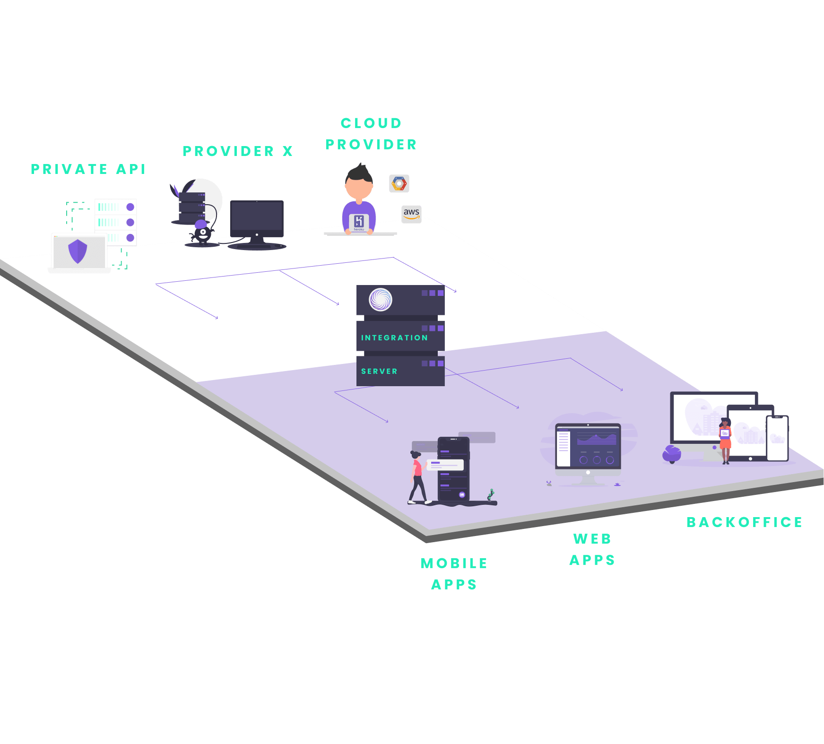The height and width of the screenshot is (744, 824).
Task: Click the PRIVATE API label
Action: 88,169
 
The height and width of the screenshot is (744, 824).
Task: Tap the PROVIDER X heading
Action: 238,151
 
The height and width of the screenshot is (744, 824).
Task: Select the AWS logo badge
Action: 411,214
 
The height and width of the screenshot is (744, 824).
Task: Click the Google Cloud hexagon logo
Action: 399,183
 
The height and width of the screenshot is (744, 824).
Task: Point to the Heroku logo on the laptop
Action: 359,222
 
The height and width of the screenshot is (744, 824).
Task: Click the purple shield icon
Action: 78,251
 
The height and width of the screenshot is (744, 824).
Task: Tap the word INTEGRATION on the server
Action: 394,337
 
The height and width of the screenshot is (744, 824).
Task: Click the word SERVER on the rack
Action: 379,372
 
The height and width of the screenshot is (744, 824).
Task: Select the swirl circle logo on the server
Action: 381,300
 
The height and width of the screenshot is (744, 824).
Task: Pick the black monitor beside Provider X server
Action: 257,224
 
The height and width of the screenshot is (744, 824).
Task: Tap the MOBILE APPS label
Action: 454,574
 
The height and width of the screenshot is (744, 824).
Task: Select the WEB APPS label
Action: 592,549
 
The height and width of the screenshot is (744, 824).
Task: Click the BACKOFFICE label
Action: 745,522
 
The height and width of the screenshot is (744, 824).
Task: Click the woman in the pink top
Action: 417,477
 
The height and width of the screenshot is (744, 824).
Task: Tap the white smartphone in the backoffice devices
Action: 777,438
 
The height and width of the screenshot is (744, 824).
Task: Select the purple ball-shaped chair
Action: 672,454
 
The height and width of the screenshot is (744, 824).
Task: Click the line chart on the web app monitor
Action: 597,439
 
